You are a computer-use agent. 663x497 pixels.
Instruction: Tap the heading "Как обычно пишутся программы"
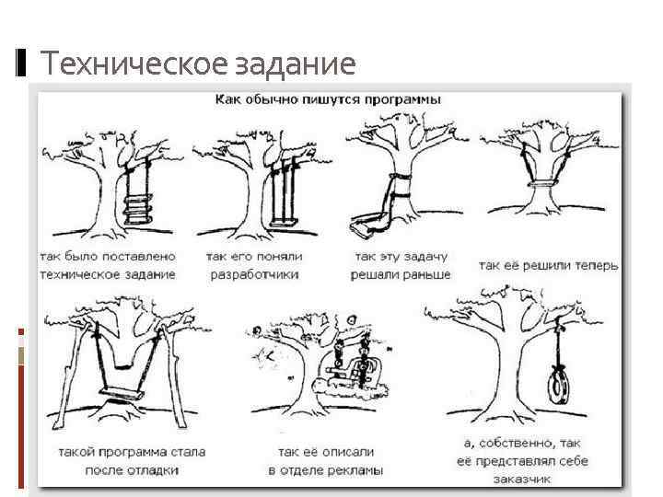point(328,98)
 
